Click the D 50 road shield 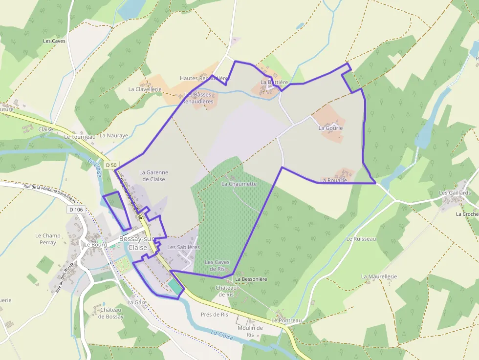pos(111,165)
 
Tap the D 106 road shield pos(76,210)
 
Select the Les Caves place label pos(54,41)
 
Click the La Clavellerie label pos(145,89)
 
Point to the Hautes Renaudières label pos(205,78)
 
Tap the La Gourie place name pos(330,128)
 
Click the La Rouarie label pos(333,180)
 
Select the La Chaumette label pos(239,184)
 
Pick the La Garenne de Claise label pos(153,176)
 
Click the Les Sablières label pos(183,247)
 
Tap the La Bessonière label pos(251,279)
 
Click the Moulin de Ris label pos(250,331)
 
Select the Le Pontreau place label pos(287,320)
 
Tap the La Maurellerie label pos(379,276)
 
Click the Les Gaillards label pos(455,193)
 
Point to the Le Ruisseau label pos(361,239)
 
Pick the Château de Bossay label pos(111,313)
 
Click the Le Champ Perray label pos(48,239)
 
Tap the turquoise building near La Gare pos(174,288)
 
